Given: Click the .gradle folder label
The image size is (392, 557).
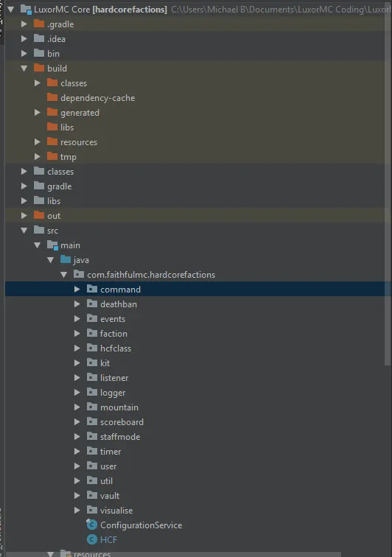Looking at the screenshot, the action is coord(60,24).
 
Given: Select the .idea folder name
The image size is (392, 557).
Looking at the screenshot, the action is coord(56,39).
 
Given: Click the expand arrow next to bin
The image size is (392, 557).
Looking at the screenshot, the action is coord(24,54).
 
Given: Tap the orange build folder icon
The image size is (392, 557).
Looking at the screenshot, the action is coord(39,68).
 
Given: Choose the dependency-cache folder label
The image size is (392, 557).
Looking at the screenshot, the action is coord(98,98).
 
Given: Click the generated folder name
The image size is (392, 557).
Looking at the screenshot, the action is coord(80,113).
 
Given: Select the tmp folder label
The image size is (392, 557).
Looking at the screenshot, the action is coord(69,157).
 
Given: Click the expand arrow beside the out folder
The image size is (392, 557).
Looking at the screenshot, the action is coord(24,216).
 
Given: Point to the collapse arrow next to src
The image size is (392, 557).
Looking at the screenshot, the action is coord(24,231).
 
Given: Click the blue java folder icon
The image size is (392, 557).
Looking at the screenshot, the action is coord(66,259).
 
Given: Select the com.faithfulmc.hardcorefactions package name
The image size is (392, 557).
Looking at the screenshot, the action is coord(151,275).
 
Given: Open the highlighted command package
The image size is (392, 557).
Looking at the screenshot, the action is coord(121,290).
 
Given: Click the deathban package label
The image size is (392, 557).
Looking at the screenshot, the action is coord(119,304).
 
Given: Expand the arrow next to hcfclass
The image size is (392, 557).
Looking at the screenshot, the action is coord(77,348).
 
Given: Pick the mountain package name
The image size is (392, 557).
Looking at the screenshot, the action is coord(119,407).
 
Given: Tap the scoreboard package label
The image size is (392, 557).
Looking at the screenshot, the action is coord(122,422).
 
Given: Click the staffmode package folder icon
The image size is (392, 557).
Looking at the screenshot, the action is coord(92,436).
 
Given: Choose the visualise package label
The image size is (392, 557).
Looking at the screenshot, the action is coord(116,511).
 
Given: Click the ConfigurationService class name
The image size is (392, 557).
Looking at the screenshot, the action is coord(141,525).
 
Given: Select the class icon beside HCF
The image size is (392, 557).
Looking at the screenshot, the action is coord(92,539).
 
